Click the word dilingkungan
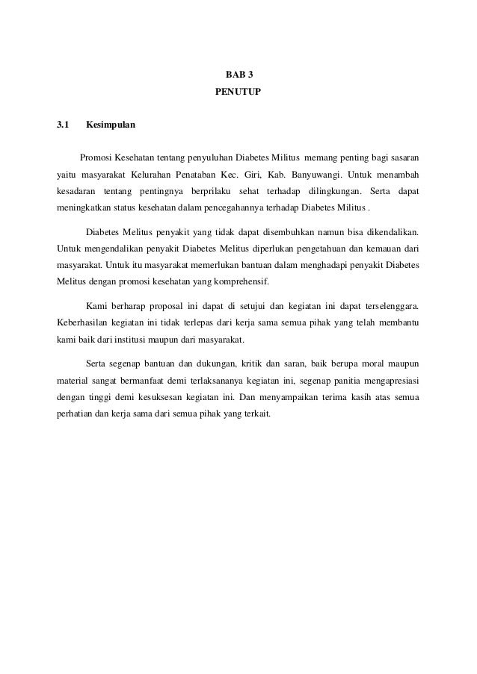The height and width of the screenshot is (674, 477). click(x=331, y=190)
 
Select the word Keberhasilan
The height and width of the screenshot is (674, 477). click(x=84, y=322)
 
